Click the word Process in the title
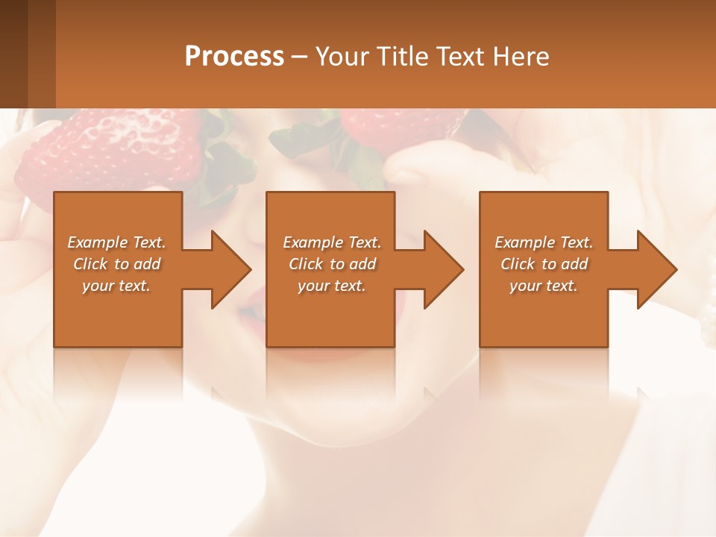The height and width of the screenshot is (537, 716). tap(234, 57)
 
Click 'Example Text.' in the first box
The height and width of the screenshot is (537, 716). tap(116, 242)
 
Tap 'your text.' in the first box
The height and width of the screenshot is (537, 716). tap(116, 286)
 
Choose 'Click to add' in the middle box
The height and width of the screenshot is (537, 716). tap(332, 264)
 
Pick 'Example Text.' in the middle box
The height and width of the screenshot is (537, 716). tap(332, 242)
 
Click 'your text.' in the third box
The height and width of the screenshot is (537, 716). tap(544, 286)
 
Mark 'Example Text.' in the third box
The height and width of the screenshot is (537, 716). tap(544, 242)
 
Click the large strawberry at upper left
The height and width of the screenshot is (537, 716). tap(112, 149)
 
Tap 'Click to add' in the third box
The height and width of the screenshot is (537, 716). tap(544, 264)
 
